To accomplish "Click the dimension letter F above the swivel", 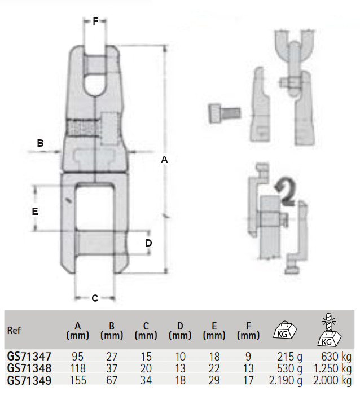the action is pos(95,21).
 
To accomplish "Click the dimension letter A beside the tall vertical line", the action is pos(165,160).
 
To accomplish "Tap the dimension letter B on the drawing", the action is pos(40,143).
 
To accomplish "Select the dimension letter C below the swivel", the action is pos(95,298).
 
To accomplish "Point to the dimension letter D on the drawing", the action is pos(148,243).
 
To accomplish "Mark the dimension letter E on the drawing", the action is pos(35,211).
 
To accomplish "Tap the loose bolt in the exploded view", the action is pos(225,113).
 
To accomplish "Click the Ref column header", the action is pos(14,331).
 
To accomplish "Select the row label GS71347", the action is pos(29,357).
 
